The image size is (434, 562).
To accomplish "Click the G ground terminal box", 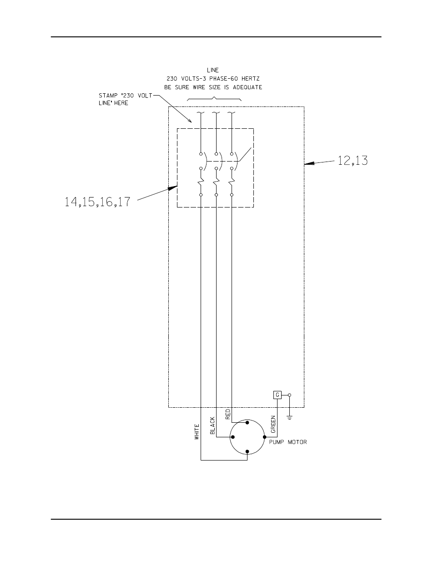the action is (277, 395).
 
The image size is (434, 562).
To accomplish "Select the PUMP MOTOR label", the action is (288, 442).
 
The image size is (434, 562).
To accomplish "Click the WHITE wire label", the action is (197, 432).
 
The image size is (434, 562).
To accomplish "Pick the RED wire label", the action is (228, 414).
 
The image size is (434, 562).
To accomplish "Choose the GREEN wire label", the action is (273, 425).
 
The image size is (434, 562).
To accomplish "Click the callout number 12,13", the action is (353, 161).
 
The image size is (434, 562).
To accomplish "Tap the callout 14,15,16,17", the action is (97, 202).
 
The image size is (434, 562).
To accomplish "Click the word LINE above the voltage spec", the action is (213, 70).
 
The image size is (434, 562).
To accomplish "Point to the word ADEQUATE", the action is (247, 87).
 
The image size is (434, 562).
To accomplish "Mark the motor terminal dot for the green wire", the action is (264, 437).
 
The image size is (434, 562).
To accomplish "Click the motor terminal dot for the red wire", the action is (247, 423).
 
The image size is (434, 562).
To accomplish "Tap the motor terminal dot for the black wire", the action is (232, 437).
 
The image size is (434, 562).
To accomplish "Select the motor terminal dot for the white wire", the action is (247, 451).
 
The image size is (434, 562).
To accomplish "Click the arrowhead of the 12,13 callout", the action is (309, 163).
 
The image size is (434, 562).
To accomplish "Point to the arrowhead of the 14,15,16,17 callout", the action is (173, 188).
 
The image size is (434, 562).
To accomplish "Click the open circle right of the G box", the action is (289, 395).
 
